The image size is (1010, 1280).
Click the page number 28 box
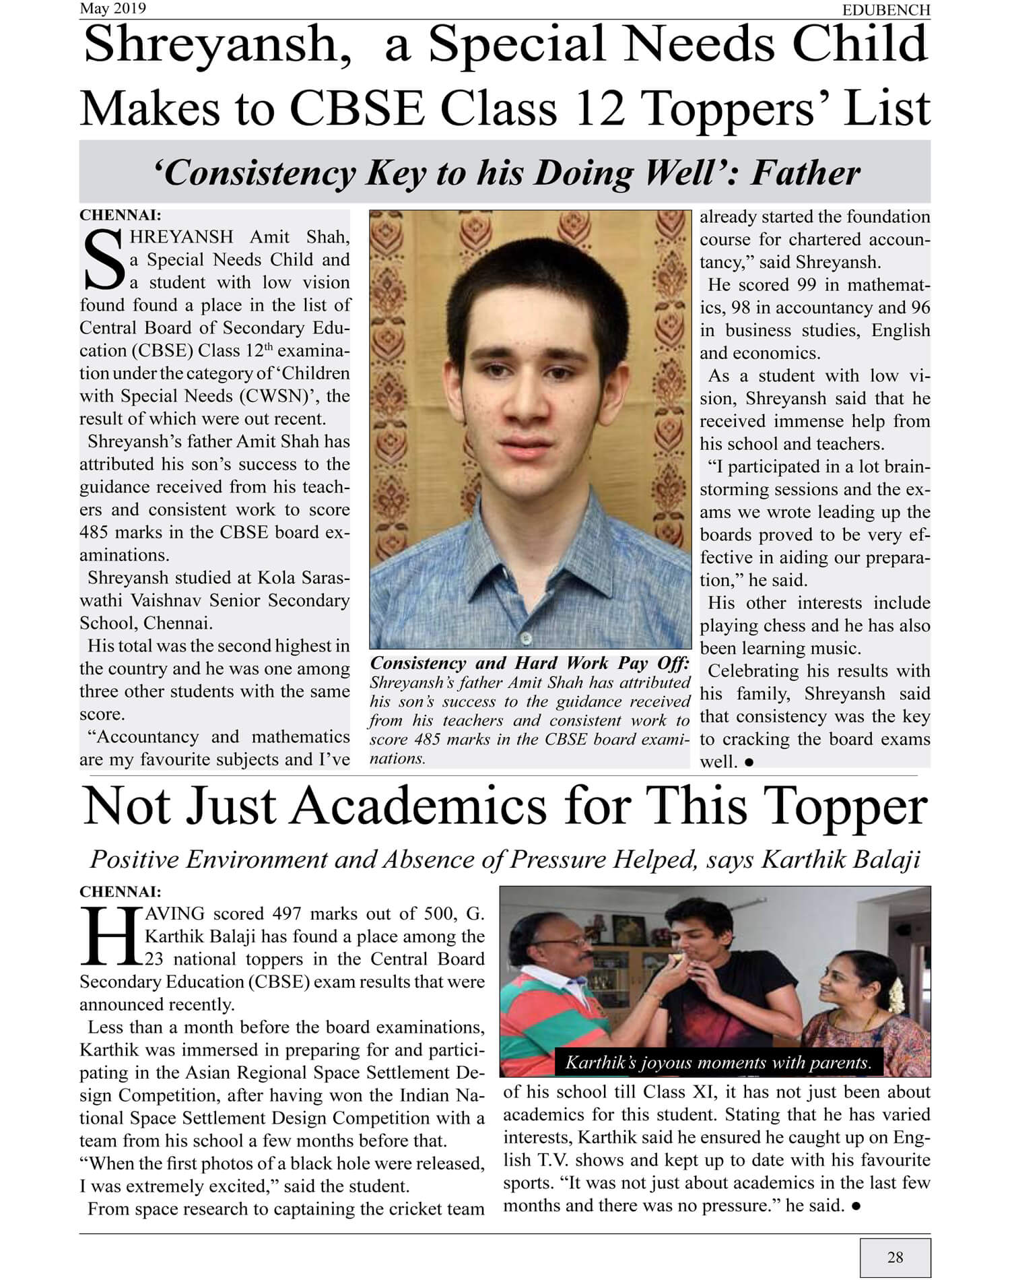coord(895,1256)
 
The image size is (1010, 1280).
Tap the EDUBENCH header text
coord(886,9)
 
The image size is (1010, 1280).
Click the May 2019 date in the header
coord(112,8)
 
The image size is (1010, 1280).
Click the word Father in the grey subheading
coord(805,172)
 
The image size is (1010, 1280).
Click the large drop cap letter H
coord(110,936)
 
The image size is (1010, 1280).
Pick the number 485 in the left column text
coord(94,532)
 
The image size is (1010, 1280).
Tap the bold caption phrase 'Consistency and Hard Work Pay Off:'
coord(530,663)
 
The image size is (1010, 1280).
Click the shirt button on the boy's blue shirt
coord(527,637)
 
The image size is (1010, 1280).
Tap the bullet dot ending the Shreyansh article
coord(749,762)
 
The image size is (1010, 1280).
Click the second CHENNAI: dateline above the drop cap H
coord(120,891)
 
